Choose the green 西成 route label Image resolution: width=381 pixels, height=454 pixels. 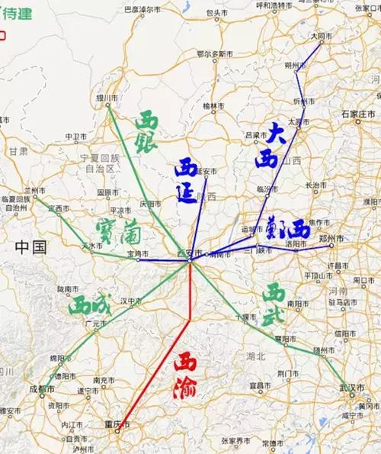tap(89, 307)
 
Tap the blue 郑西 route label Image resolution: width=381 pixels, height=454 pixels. tap(283, 230)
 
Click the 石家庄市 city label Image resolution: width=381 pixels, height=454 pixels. tap(355, 114)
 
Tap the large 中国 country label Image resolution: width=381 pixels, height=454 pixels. tap(31, 246)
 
